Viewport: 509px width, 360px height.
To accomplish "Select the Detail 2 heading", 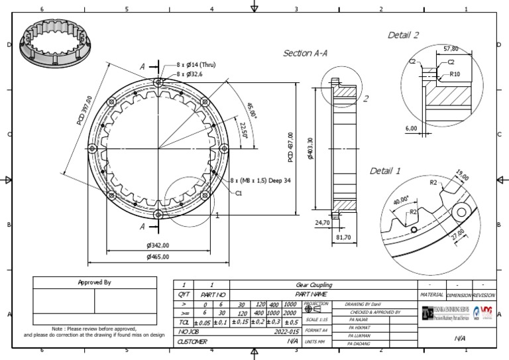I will coord(404,34).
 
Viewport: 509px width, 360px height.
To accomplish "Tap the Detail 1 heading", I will coord(385,171).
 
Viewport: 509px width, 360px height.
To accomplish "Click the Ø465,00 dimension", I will coord(158,257).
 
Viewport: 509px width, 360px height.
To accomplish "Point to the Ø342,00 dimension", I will coord(158,246).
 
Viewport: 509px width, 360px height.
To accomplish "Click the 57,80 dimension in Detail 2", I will coord(451,48).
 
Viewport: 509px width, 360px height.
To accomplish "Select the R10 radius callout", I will coord(455,74).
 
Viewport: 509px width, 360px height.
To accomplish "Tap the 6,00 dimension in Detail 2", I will coord(411,129).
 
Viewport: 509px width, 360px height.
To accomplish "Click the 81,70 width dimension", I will coord(343,237).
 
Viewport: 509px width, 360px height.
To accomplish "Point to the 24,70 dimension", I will coord(323,223).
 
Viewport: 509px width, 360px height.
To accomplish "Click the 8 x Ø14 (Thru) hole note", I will coord(196,65).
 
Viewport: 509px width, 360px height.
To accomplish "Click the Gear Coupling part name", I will coord(314,285).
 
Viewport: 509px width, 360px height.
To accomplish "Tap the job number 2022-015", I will coord(288,330).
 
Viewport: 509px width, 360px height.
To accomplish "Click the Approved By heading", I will coord(95,282).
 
